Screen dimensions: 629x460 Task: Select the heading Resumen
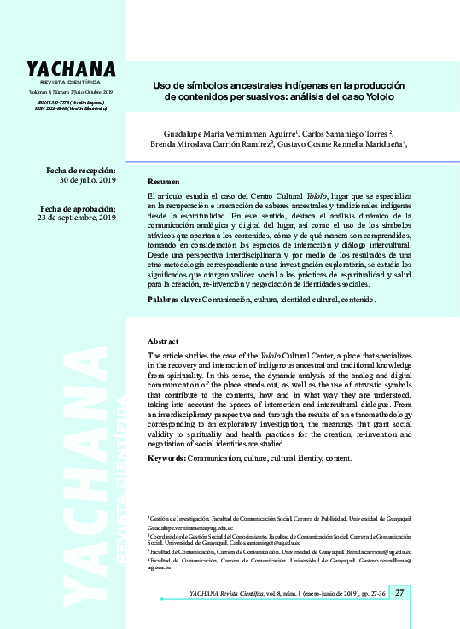pos(164,182)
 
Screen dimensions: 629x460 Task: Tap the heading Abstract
pos(163,341)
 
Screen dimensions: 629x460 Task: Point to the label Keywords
pos(166,458)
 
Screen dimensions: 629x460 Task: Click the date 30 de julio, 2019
pos(87,181)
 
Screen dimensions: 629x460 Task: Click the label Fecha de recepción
pos(81,171)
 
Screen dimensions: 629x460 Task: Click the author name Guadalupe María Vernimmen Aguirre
pos(230,134)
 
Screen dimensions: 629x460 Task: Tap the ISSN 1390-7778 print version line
pos(71,102)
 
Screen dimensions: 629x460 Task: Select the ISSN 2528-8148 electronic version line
pos(71,108)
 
